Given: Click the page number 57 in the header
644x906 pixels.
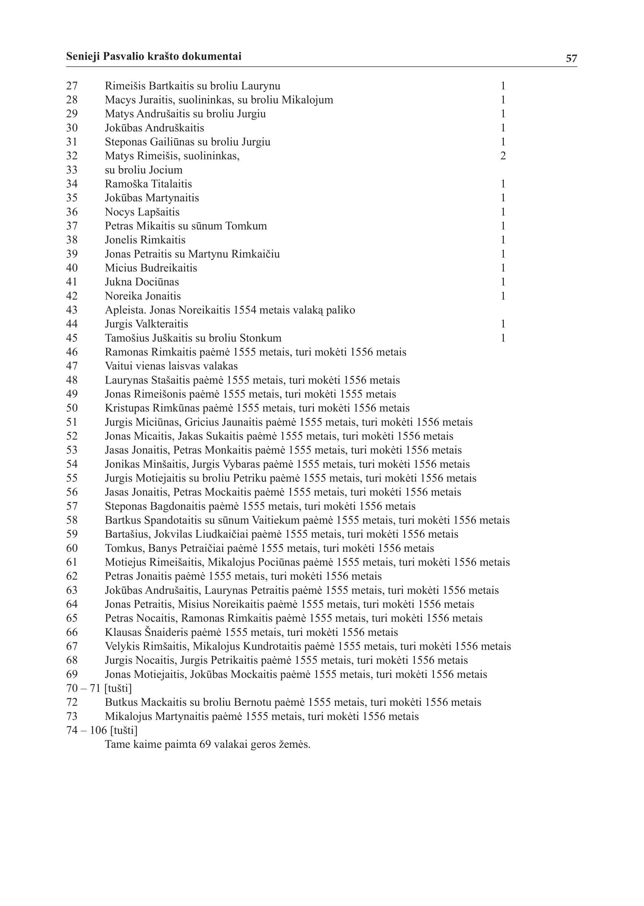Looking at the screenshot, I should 571,58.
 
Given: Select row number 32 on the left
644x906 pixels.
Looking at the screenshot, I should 72,156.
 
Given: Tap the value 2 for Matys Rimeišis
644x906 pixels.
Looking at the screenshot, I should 503,156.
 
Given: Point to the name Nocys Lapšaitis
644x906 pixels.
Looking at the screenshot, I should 142,212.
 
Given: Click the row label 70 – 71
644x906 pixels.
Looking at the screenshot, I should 83,688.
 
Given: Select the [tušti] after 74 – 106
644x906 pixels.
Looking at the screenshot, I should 124,730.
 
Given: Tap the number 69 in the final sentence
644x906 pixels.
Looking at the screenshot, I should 205,744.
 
